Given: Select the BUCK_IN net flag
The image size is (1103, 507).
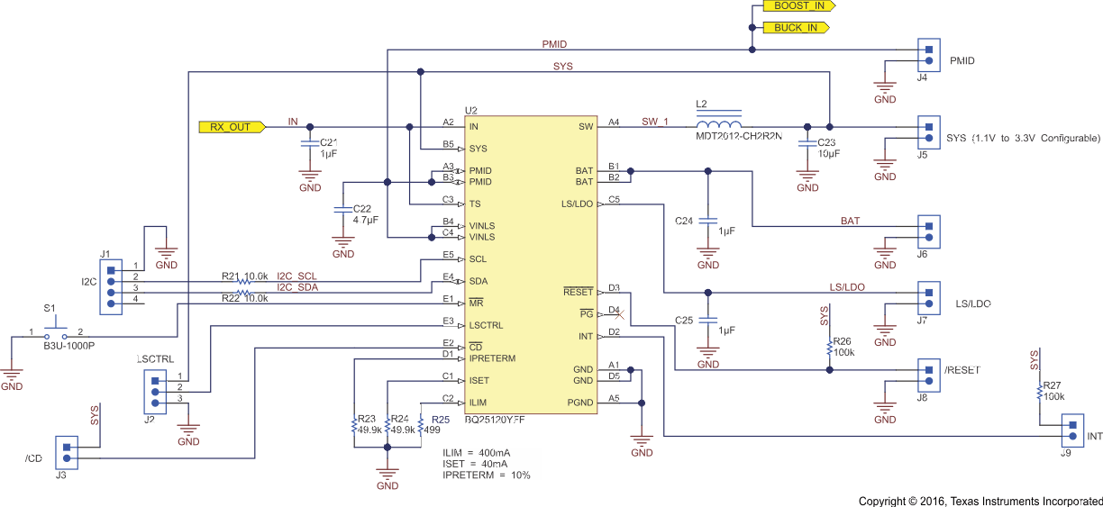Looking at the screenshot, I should (x=796, y=28).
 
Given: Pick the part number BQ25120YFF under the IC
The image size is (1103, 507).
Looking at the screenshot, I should (x=495, y=420).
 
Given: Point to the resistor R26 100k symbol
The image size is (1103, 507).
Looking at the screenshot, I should (x=828, y=348).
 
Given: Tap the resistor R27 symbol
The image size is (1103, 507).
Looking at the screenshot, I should (x=1038, y=391).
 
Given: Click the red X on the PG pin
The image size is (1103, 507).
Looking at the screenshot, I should (x=615, y=312).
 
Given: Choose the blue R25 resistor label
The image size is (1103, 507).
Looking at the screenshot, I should (x=440, y=420).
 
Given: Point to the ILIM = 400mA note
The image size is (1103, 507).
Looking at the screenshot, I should (x=476, y=452).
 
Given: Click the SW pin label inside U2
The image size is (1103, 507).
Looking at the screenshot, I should (x=586, y=127).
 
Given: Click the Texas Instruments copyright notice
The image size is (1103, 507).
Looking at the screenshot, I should (x=980, y=501).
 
